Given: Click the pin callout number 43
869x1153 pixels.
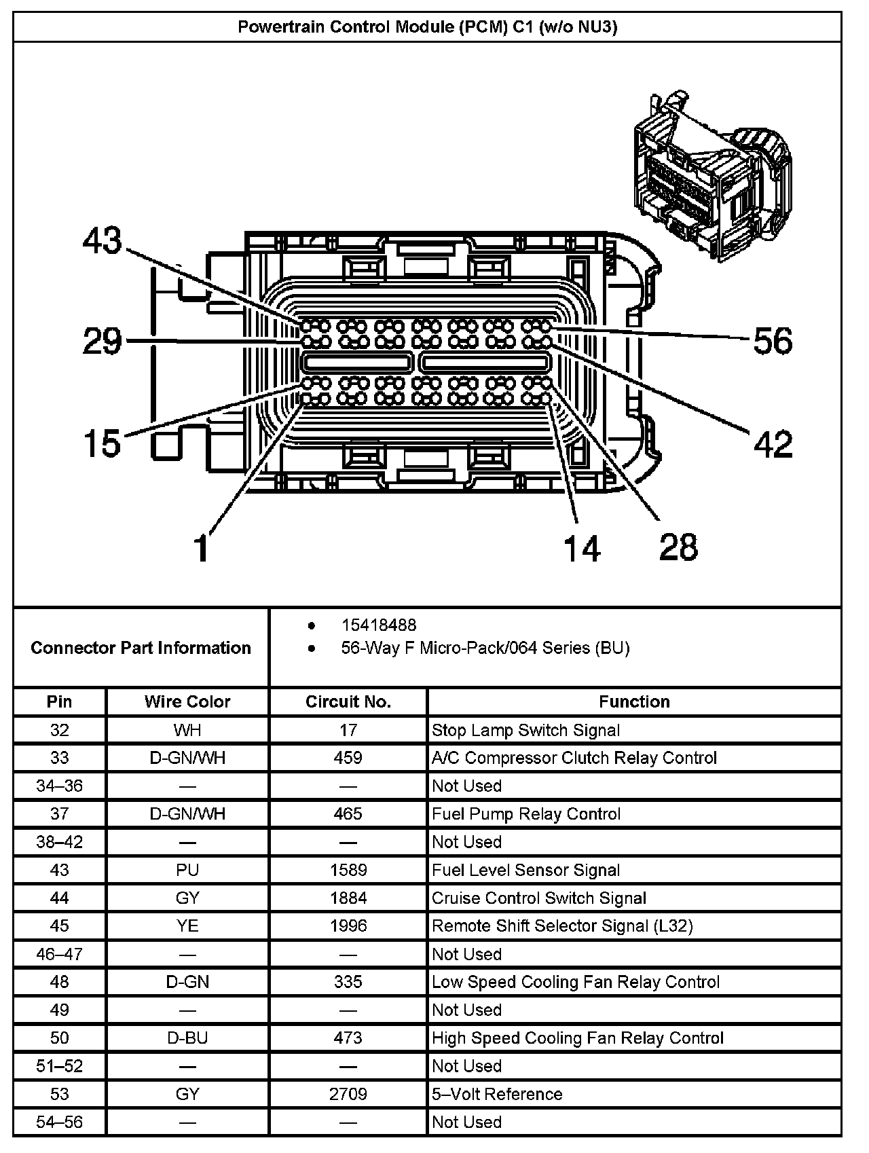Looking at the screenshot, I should [103, 241].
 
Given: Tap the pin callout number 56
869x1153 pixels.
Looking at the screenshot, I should [773, 340].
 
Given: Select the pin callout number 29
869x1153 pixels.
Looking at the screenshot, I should [103, 341].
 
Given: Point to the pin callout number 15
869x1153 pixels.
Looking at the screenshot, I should [102, 443].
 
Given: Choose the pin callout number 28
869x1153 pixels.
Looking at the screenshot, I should [678, 547].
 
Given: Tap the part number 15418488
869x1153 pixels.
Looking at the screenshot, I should [379, 625].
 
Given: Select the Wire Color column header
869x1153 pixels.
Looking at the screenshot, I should [187, 701].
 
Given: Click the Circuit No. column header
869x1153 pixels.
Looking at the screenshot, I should [348, 701].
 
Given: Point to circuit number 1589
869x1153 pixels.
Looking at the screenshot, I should [348, 870].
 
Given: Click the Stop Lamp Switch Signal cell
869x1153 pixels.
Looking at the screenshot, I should [526, 730].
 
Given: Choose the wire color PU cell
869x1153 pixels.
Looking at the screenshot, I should [187, 870].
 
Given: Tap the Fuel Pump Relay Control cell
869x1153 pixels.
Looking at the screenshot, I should [526, 813].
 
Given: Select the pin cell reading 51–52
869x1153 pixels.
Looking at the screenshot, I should [60, 1065].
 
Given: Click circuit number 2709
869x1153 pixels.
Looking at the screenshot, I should [348, 1094].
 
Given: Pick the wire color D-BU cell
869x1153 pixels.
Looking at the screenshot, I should [187, 1038].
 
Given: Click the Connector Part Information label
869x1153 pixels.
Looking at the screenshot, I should [141, 648].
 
